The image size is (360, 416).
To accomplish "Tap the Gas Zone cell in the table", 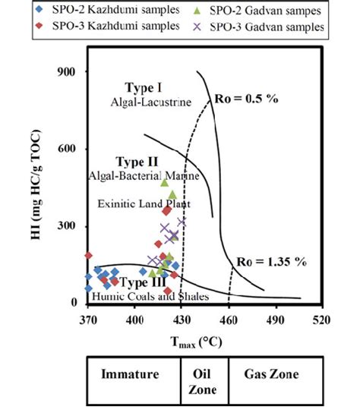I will click(271, 375).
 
